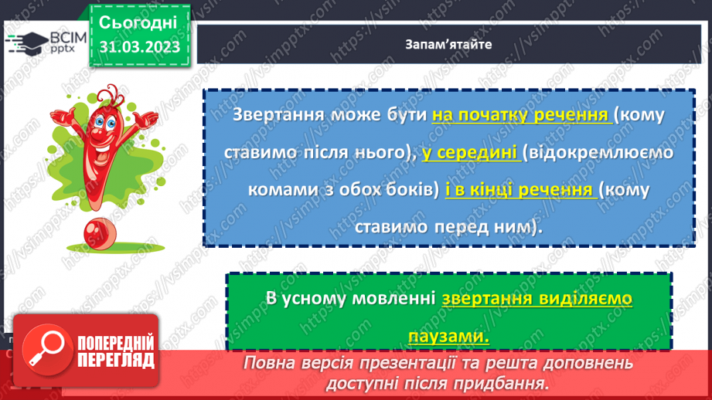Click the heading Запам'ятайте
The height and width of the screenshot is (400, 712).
click(448, 44)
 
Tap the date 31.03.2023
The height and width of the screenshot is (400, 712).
click(139, 48)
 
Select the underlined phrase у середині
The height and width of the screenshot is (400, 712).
click(470, 153)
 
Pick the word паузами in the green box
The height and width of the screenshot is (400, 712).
click(449, 337)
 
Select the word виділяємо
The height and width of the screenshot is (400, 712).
click(585, 299)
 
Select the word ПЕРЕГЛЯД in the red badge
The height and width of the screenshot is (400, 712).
click(117, 360)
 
